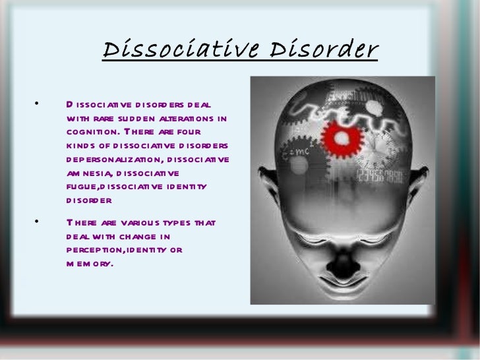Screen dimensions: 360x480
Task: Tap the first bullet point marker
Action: click(38, 104)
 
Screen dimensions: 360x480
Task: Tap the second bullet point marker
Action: click(38, 222)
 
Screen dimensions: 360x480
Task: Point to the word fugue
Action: click(81, 187)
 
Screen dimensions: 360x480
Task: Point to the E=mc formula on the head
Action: click(294, 154)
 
